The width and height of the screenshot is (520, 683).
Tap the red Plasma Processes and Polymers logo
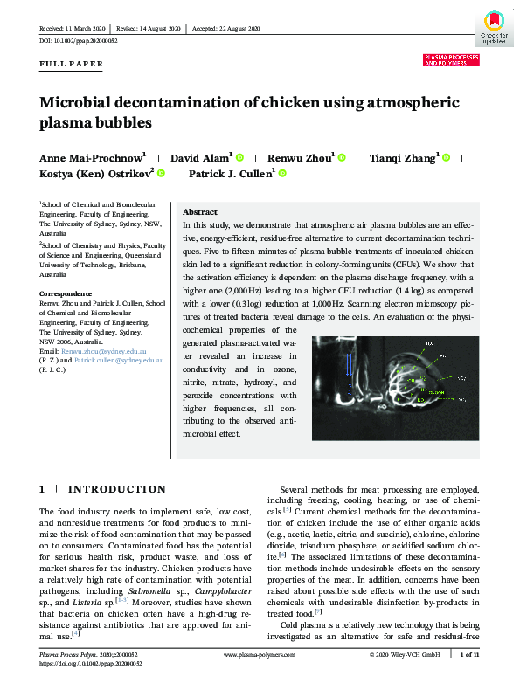click(x=451, y=60)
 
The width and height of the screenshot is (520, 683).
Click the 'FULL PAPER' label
click(x=72, y=64)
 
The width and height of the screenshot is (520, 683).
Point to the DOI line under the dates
click(x=79, y=41)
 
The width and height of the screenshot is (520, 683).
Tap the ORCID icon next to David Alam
click(x=239, y=158)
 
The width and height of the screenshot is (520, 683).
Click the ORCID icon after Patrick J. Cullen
click(x=282, y=174)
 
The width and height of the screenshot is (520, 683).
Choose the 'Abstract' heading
click(x=199, y=212)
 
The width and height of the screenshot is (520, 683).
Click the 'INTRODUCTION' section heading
click(x=116, y=489)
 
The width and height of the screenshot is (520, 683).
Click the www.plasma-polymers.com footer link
click(x=260, y=653)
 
